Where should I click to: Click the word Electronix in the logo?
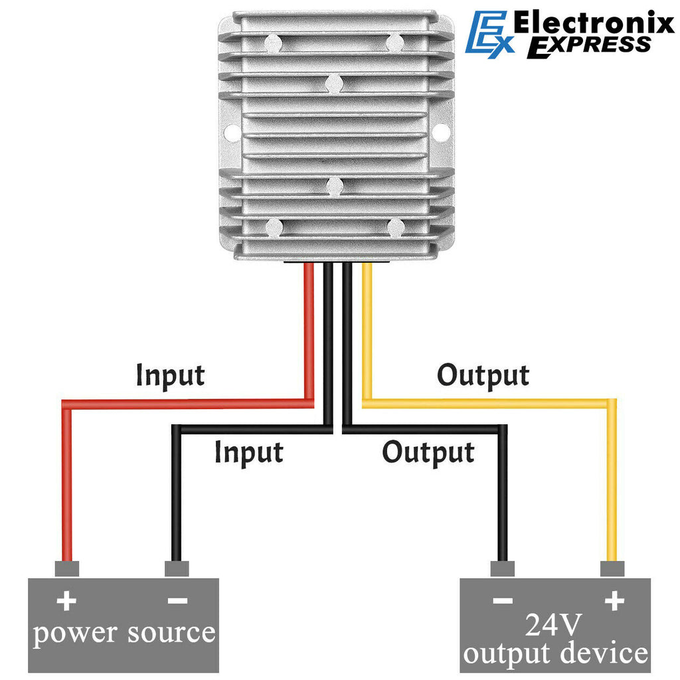pyautogui.click(x=594, y=25)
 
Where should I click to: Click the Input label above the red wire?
pyautogui.click(x=170, y=376)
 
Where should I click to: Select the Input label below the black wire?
pyautogui.click(x=248, y=453)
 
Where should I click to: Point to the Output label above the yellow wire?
pyautogui.click(x=483, y=376)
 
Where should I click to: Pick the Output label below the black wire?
pyautogui.click(x=428, y=453)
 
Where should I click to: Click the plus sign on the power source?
pyautogui.click(x=66, y=602)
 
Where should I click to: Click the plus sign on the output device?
pyautogui.click(x=614, y=602)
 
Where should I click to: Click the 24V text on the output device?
pyautogui.click(x=554, y=624)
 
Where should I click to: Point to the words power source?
pyautogui.click(x=124, y=633)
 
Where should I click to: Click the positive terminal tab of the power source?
pyautogui.click(x=66, y=569)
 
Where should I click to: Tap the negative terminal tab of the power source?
pyautogui.click(x=177, y=569)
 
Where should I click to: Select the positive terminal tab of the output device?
pyautogui.click(x=612, y=569)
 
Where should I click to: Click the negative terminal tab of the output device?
pyautogui.click(x=503, y=569)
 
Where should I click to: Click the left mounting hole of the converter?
pyautogui.click(x=231, y=133)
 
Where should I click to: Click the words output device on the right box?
pyautogui.click(x=555, y=653)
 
